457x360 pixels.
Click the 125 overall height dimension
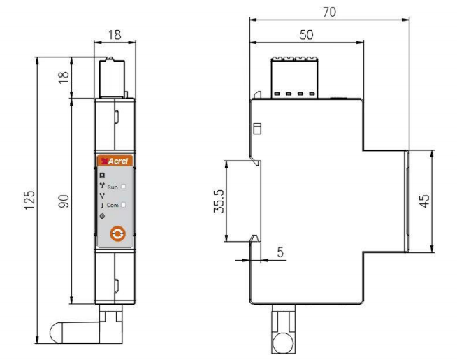(x=29, y=200)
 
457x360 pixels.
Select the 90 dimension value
(x=64, y=201)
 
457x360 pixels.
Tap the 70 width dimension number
(x=329, y=12)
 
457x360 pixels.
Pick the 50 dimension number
(x=306, y=35)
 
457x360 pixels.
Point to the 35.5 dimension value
(x=219, y=201)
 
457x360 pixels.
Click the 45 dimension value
(x=424, y=201)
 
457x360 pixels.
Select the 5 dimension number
(x=280, y=252)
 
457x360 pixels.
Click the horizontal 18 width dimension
(x=115, y=35)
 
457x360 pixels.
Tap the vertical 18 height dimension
(x=64, y=78)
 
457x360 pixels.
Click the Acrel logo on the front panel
(x=115, y=161)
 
